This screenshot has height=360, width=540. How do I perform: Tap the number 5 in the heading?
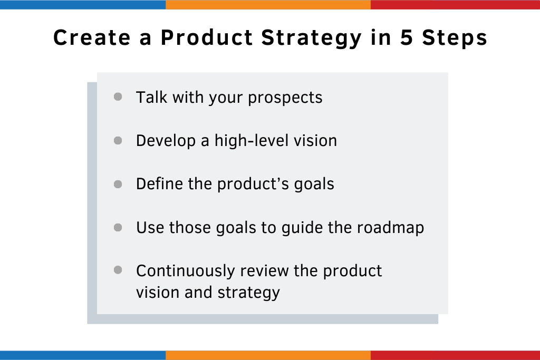pyautogui.click(x=407, y=38)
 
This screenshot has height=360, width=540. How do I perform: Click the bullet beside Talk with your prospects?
pyautogui.click(x=118, y=97)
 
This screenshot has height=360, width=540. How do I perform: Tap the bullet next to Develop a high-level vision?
pyautogui.click(x=118, y=141)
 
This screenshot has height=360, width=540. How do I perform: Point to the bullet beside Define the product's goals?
pyautogui.click(x=118, y=184)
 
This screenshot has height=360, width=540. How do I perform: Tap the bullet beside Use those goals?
pyautogui.click(x=118, y=228)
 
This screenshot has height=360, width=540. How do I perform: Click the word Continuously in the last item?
pyautogui.click(x=185, y=271)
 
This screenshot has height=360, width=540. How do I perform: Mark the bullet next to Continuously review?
pyautogui.click(x=118, y=270)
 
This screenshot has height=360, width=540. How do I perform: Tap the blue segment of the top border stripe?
pyautogui.click(x=83, y=5)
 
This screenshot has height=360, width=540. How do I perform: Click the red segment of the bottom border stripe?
pyautogui.click(x=455, y=355)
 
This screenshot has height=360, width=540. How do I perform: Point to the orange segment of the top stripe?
pyautogui.click(x=268, y=5)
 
